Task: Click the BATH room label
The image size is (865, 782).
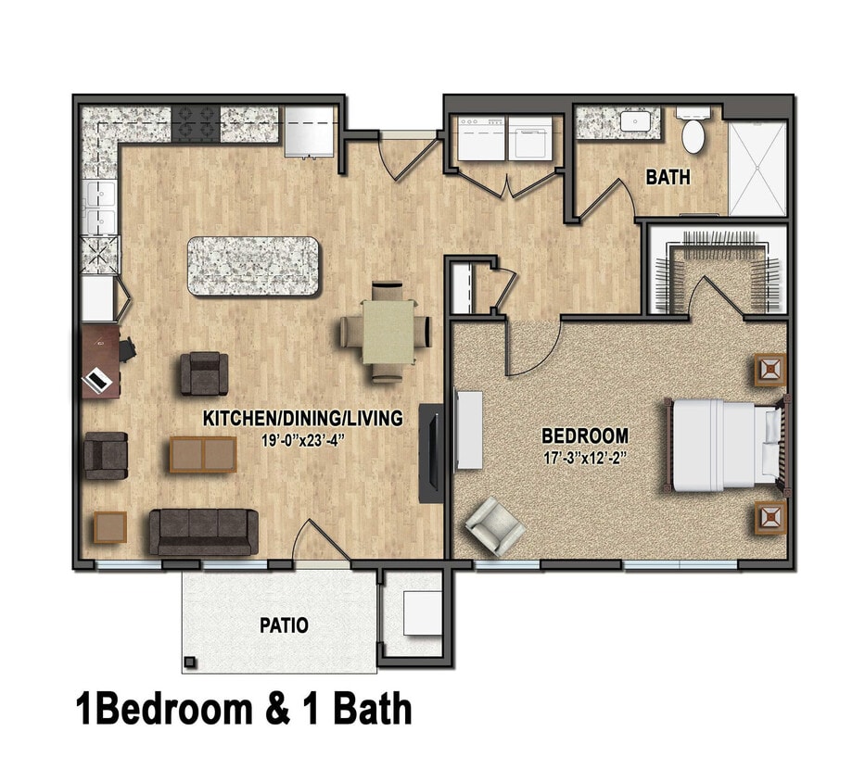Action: pos(668,176)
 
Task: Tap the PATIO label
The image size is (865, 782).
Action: pos(284,625)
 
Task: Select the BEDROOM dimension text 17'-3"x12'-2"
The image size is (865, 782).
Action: pos(585,458)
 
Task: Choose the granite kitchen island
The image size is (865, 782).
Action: pos(253,267)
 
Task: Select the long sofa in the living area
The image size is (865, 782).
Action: pos(204,531)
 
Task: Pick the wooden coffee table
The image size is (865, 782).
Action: pos(202,455)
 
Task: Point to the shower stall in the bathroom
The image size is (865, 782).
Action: pos(757,168)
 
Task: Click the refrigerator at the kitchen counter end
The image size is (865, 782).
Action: pos(309,131)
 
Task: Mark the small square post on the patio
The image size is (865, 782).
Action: pos(190,662)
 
